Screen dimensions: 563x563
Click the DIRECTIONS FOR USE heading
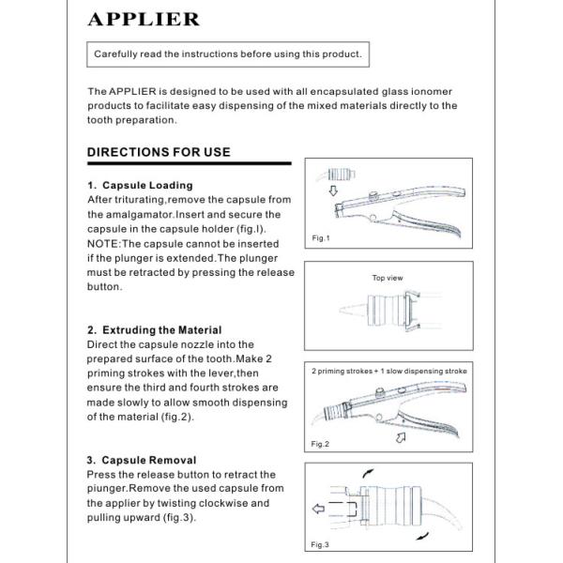pos(159,152)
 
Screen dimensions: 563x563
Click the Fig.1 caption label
pos(321,238)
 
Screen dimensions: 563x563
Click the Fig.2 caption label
pos(321,442)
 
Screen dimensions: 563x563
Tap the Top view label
pos(388,278)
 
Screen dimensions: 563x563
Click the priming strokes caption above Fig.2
pos(388,372)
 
